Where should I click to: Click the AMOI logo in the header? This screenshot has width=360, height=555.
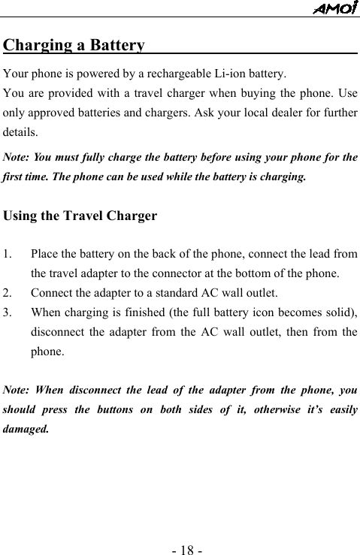point(336,8)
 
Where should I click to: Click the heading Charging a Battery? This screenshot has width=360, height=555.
point(74,45)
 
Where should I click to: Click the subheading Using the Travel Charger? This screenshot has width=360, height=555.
point(80,216)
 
